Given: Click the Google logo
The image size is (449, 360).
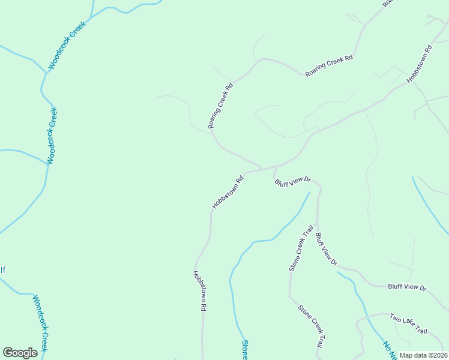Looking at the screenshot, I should click(x=20, y=353).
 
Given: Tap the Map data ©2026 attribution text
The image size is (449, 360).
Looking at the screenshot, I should click(x=423, y=355).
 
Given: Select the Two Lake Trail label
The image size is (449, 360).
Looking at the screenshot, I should click(x=408, y=324).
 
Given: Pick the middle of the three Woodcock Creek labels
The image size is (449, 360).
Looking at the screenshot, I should click(x=52, y=136).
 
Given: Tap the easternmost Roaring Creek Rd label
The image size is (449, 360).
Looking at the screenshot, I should click(x=329, y=66).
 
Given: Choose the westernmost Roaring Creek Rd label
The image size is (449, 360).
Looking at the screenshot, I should click(x=220, y=106).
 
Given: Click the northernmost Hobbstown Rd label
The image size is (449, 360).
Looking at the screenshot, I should click(x=419, y=65).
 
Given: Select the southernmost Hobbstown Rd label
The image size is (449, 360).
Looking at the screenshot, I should click(x=200, y=290).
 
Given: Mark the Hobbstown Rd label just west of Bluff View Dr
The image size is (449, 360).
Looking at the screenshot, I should click(x=228, y=192).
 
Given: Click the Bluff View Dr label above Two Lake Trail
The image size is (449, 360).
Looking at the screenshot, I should click(x=407, y=287).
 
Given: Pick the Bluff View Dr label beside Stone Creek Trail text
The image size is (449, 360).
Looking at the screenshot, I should click(x=327, y=249).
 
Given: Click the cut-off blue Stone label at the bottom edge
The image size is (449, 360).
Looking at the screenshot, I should click(x=245, y=349).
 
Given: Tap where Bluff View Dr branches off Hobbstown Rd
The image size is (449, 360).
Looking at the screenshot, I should click(x=275, y=167).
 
